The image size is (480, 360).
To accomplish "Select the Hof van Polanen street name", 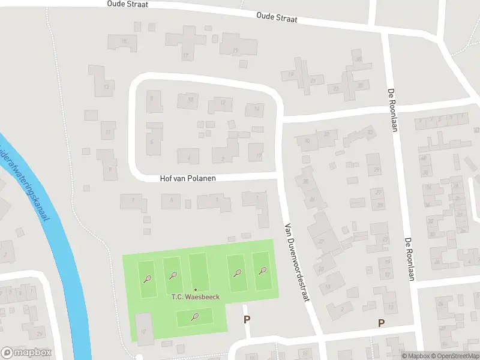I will point(188,178).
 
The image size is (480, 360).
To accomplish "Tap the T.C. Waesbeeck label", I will point(196,297).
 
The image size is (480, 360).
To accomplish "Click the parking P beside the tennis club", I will point(247,319).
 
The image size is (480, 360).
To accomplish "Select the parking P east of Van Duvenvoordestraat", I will point(381,323).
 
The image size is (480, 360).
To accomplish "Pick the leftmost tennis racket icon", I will point(148,278).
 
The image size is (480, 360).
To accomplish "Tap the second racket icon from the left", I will point(173,275).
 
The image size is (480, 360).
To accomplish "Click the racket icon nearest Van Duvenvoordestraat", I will point(262,271).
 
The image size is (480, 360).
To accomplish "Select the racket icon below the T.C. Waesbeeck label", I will point(194,316).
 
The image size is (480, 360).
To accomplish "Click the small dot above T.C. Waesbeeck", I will point(195,289).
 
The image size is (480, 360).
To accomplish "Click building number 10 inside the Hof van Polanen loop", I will point(190,99).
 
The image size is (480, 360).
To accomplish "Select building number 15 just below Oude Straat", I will point(124,41).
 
